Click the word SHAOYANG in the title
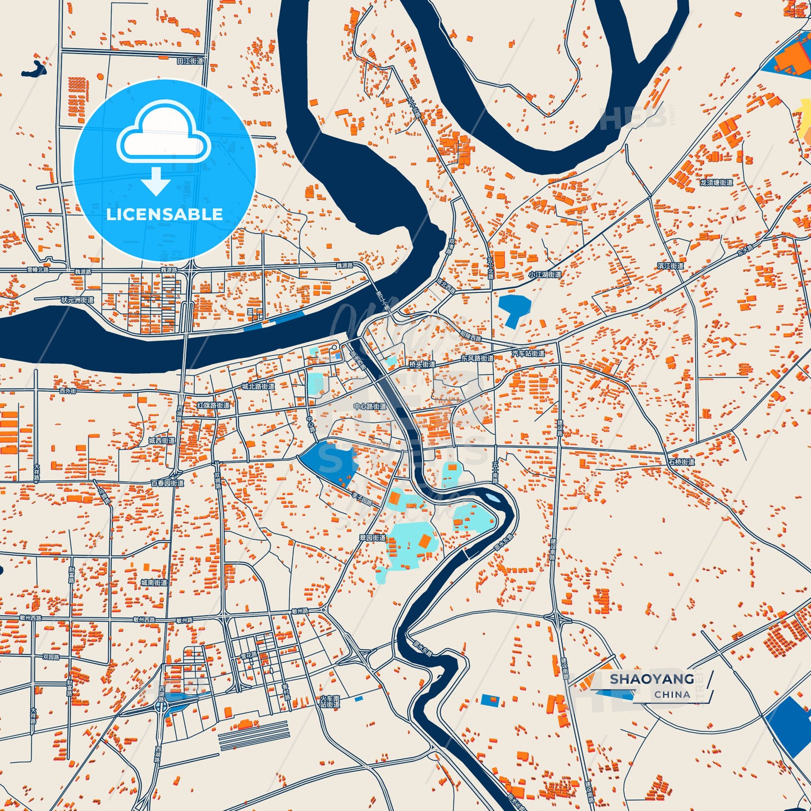click(652, 679)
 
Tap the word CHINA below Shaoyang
click(672, 694)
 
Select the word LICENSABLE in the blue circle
click(164, 214)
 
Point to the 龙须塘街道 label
click(716, 182)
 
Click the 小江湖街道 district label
click(544, 274)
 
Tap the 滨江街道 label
click(671, 265)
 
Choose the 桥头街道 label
click(422, 364)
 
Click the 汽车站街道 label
click(528, 354)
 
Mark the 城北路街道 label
click(258, 386)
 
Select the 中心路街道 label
click(370, 406)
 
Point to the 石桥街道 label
click(681, 462)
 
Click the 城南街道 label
click(154, 583)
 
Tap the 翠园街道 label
click(373, 538)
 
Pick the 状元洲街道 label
click(77, 300)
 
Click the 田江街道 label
click(190, 61)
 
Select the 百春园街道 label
click(167, 483)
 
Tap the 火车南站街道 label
click(330, 701)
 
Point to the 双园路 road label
click(51, 656)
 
